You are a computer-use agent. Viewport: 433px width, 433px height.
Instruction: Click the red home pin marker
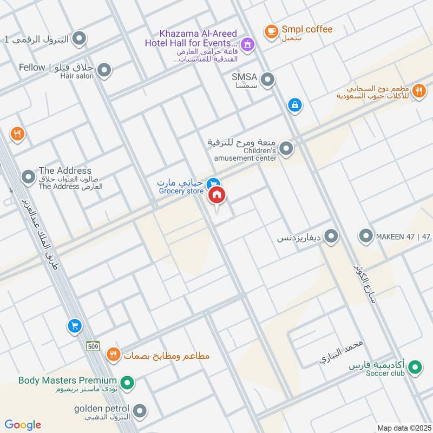tap(216, 195)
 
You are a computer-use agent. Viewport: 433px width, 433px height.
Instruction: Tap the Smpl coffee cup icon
tap(271, 31)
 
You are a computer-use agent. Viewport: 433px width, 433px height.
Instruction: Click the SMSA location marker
tap(267, 81)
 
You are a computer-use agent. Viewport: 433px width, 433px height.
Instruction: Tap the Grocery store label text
tap(181, 191)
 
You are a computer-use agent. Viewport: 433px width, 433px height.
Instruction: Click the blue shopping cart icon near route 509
tap(74, 326)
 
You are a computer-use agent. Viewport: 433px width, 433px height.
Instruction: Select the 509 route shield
tap(93, 345)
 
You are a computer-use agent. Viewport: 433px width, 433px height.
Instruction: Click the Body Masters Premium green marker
tap(127, 384)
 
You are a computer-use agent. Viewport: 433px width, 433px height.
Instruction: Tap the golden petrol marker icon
tap(140, 411)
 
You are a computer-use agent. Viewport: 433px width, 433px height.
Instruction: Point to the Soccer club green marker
tap(415, 368)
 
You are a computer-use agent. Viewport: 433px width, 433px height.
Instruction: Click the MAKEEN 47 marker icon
tap(366, 236)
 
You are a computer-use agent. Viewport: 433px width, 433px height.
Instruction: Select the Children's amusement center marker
tap(287, 148)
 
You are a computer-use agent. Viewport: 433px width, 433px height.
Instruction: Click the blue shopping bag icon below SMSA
tap(294, 105)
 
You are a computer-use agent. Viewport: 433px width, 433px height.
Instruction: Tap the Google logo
tap(23, 425)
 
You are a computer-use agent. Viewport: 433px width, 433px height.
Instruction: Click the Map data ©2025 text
tap(403, 428)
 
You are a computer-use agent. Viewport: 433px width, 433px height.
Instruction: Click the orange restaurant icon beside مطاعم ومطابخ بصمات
tap(113, 355)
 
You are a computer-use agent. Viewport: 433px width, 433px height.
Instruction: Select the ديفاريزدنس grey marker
tap(331, 237)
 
